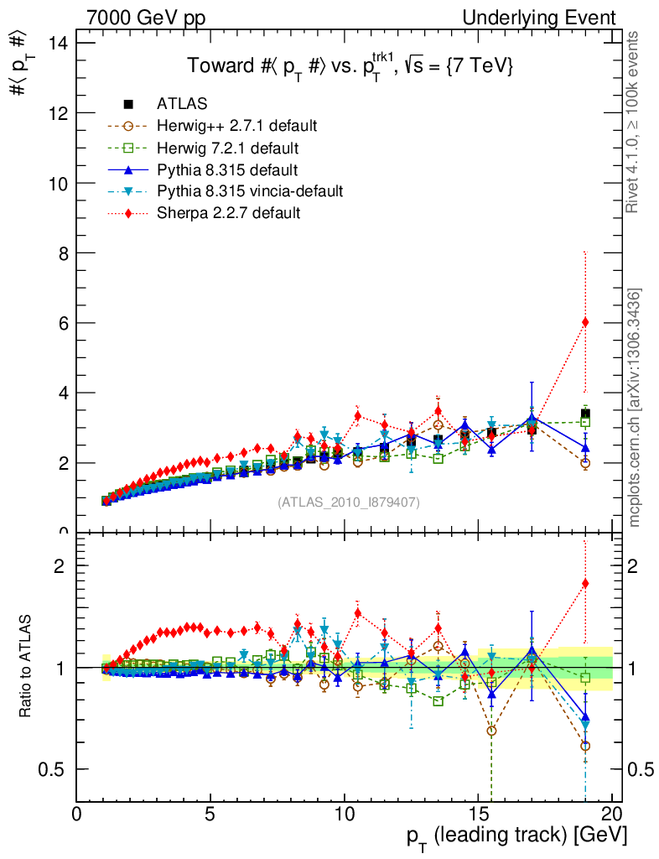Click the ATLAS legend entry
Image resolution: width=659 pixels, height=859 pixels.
pyautogui.click(x=183, y=104)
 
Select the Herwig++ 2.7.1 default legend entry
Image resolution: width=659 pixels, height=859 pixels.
pyautogui.click(x=236, y=126)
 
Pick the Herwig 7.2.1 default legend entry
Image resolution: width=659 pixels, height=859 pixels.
pyautogui.click(x=228, y=148)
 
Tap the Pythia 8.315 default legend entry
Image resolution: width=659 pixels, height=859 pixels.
pyautogui.click(x=228, y=169)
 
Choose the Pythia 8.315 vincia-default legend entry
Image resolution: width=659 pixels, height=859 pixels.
pyautogui.click(x=250, y=191)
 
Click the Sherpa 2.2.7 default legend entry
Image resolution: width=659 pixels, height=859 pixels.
pyautogui.click(x=228, y=213)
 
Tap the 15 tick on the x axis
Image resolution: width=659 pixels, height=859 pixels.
pyautogui.click(x=478, y=814)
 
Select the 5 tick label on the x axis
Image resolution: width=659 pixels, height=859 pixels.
pyautogui.click(x=210, y=814)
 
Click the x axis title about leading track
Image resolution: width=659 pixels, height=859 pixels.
pyautogui.click(x=516, y=836)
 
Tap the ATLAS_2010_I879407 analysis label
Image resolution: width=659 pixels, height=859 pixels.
pyautogui.click(x=349, y=502)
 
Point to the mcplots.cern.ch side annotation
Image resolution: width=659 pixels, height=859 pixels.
pyautogui.click(x=634, y=407)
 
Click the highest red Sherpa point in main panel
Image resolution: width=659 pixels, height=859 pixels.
pyautogui.click(x=585, y=322)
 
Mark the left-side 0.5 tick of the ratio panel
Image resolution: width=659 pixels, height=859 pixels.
pyautogui.click(x=59, y=769)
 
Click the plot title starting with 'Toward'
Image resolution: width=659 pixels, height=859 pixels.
pyautogui.click(x=350, y=66)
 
